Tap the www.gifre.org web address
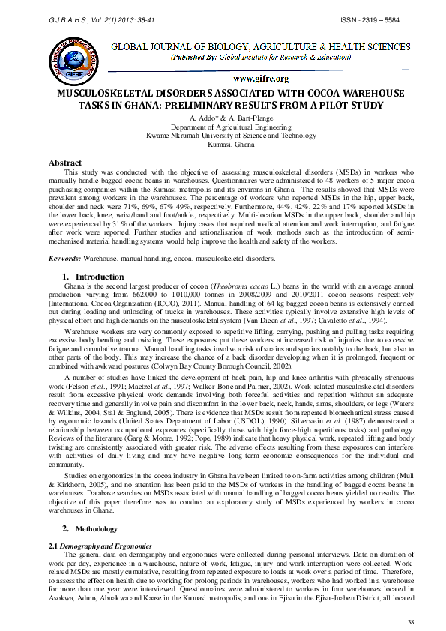coord(261,78)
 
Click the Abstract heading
coord(65,163)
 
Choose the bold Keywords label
coord(65,259)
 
